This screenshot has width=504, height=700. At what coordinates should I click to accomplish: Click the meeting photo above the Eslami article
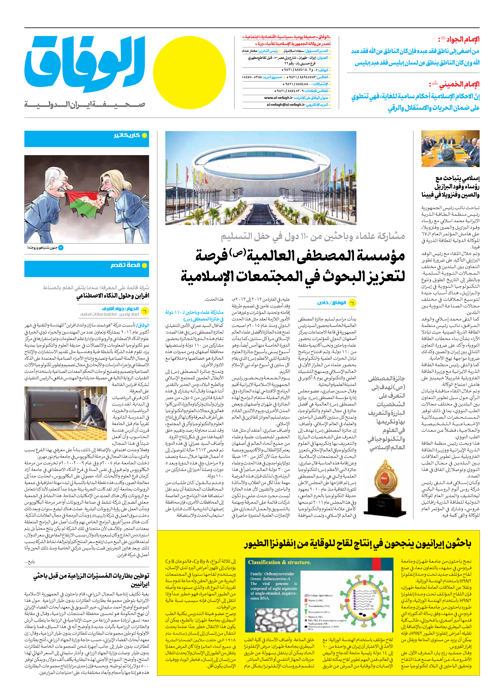click(450, 149)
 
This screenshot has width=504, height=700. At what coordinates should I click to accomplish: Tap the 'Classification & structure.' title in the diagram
click(279, 562)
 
